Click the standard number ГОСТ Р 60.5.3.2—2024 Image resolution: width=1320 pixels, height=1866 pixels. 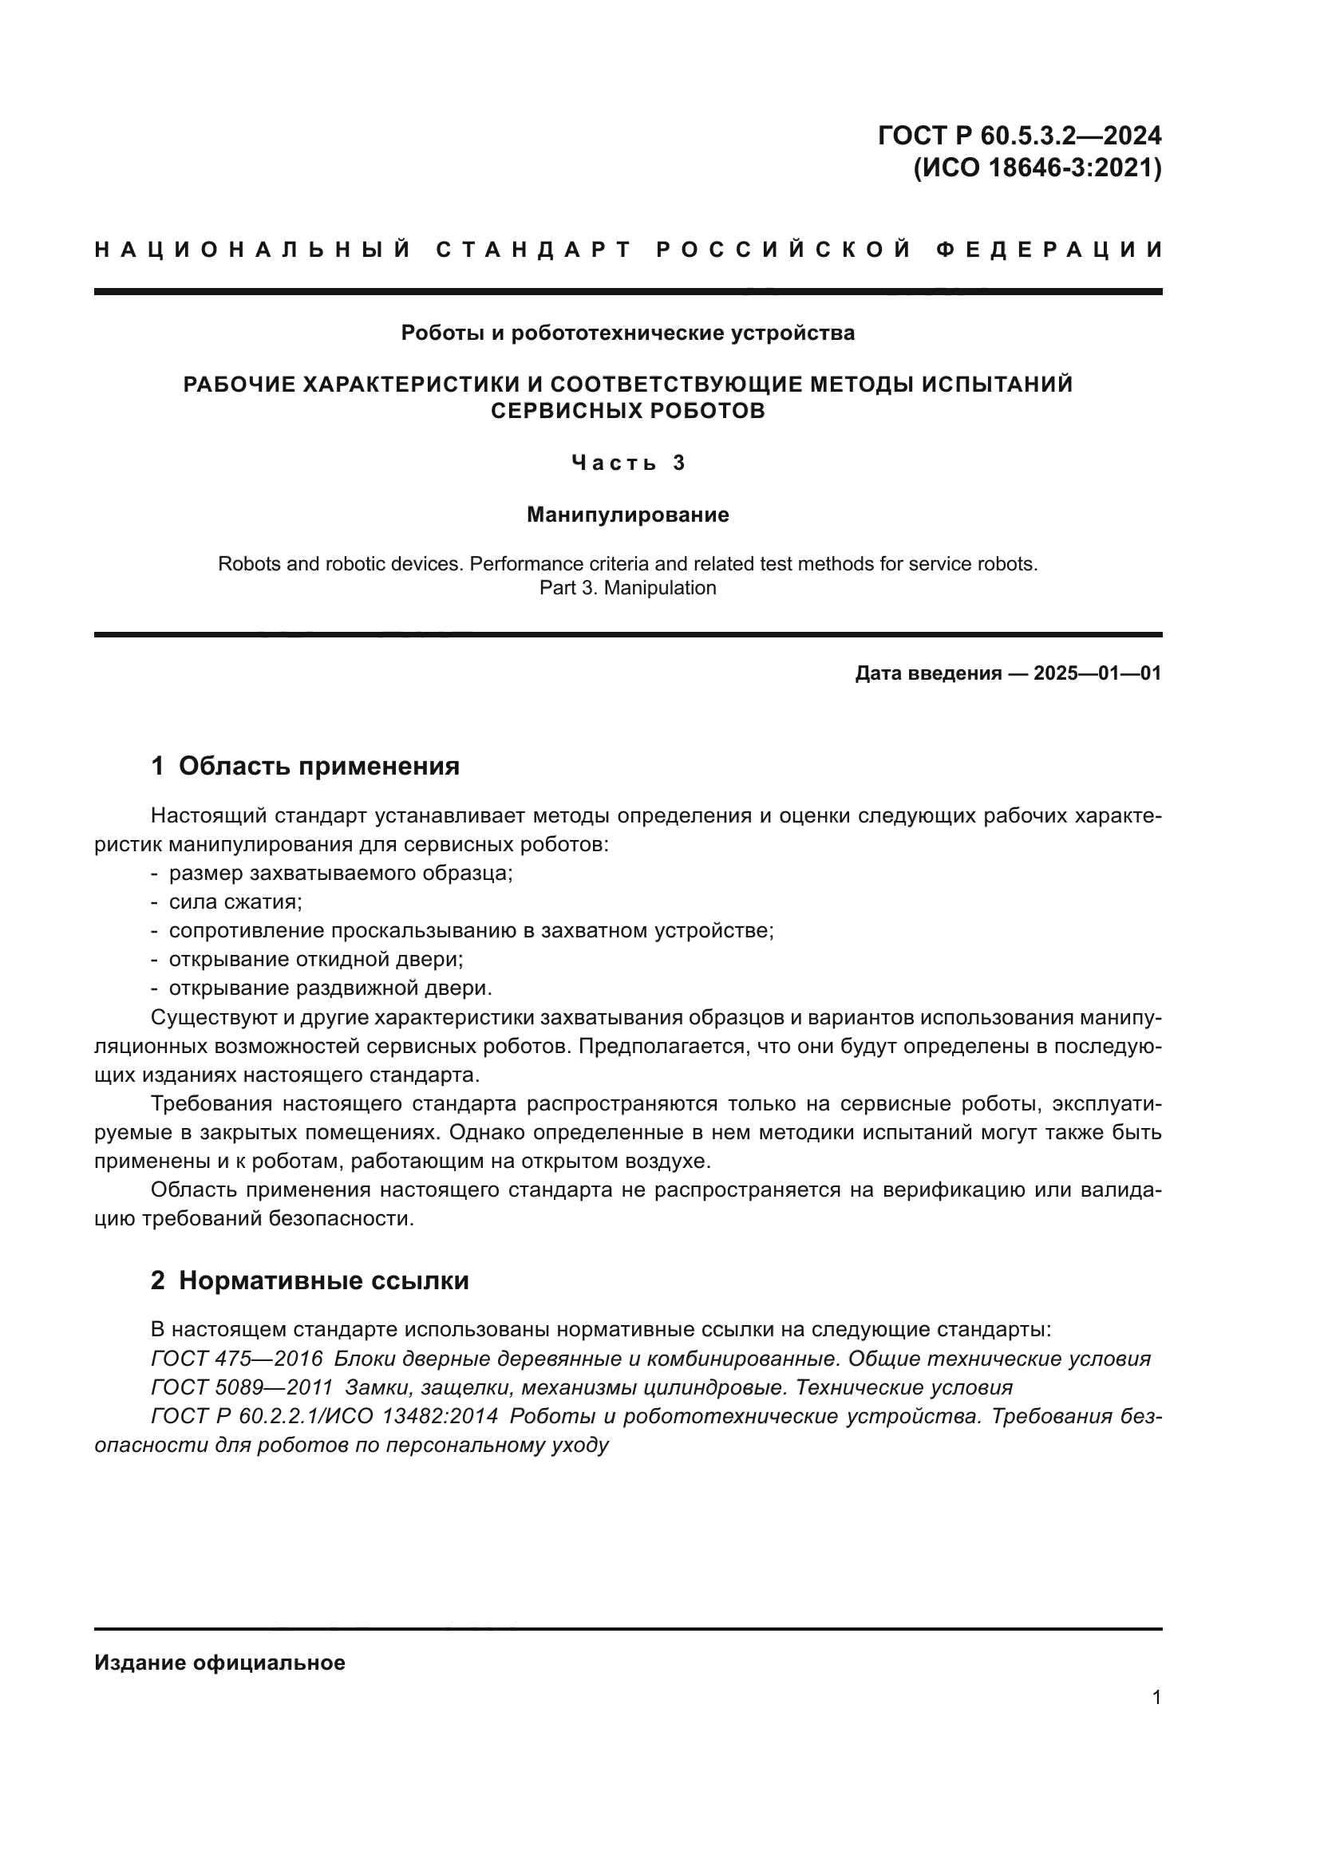click(1019, 135)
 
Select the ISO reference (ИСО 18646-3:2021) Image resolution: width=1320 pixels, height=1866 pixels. click(1037, 168)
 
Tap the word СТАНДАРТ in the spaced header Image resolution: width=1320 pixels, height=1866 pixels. click(534, 250)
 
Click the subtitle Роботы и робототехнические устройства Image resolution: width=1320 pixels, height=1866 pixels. click(627, 333)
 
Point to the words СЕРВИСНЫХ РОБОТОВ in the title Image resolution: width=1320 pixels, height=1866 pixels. click(627, 411)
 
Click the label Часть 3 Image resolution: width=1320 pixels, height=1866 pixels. click(628, 464)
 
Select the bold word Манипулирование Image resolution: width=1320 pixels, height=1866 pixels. click(627, 515)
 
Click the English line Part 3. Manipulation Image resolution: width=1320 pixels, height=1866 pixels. click(627, 588)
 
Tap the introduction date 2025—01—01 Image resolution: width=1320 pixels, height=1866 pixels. click(1097, 673)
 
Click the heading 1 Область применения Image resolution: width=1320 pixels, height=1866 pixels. click(306, 766)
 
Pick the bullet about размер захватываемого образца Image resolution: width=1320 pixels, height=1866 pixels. click(341, 873)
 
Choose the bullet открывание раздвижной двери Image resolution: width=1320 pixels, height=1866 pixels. click(330, 988)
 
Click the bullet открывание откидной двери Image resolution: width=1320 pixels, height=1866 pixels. click(315, 959)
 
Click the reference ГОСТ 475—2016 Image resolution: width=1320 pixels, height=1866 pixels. click(236, 1359)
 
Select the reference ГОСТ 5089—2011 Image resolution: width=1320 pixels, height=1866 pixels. click(241, 1387)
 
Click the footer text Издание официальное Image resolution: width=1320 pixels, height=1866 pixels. click(219, 1663)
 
